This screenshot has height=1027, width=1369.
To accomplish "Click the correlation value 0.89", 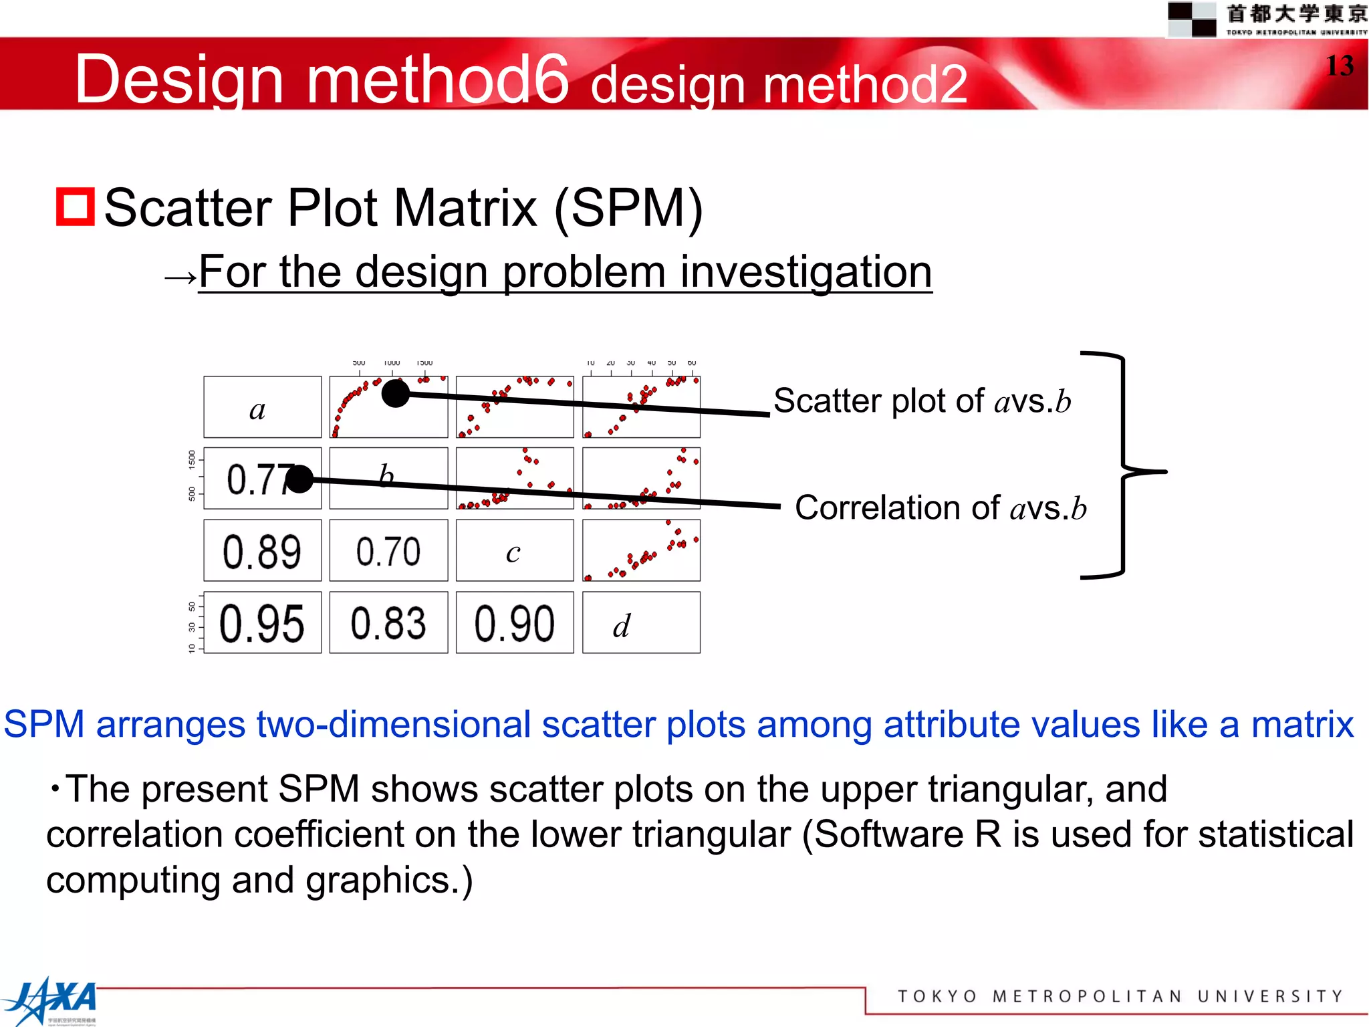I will click(262, 552).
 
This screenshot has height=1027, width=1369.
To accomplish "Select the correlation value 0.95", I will click(262, 623).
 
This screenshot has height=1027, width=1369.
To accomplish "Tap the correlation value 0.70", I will click(388, 552).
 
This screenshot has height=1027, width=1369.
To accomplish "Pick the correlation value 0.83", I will click(388, 623).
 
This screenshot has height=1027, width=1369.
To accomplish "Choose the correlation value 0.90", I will click(514, 623).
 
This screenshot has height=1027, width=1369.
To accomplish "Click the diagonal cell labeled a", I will click(262, 407).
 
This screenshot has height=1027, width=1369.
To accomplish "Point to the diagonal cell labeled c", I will click(514, 551).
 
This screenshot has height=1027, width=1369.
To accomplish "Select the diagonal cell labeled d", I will click(640, 623).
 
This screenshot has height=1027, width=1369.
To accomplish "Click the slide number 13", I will click(1339, 66).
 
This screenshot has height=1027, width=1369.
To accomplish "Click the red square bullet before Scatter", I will click(75, 207).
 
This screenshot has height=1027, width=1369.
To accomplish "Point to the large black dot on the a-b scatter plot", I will click(395, 393).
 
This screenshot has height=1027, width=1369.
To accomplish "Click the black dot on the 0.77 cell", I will click(299, 479).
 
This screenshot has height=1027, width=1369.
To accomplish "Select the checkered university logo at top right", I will click(1191, 19).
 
